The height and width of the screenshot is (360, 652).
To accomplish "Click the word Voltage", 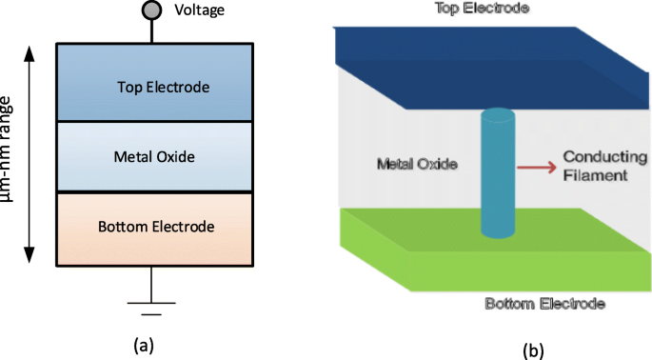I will pyautogui.click(x=201, y=12).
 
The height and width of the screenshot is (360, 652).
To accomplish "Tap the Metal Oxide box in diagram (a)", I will pyautogui.click(x=156, y=156).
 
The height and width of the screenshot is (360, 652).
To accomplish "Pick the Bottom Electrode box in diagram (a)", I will pyautogui.click(x=156, y=227).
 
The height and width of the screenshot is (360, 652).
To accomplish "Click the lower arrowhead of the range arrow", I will pyautogui.click(x=30, y=255).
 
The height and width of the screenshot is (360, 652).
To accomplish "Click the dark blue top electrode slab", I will pyautogui.click(x=476, y=62).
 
